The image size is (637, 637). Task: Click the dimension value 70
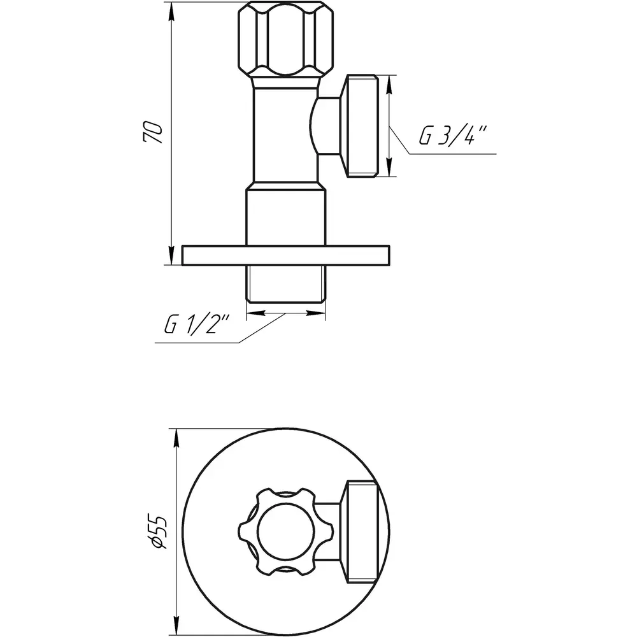(153, 132)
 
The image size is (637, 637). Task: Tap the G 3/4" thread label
(452, 136)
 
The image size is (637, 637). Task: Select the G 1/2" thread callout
(197, 324)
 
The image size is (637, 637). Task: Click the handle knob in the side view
(285, 39)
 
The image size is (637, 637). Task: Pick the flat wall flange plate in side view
(285, 255)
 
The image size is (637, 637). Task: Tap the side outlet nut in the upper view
(362, 126)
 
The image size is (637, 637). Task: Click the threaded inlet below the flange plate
(285, 284)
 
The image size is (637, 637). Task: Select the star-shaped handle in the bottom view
(285, 532)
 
